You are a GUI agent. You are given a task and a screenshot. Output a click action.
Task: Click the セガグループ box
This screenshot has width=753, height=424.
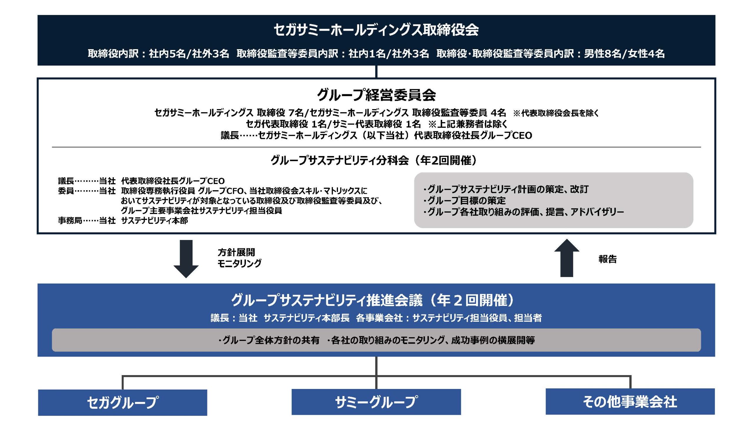[122, 403]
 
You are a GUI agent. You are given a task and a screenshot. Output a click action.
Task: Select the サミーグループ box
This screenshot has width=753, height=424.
[376, 402]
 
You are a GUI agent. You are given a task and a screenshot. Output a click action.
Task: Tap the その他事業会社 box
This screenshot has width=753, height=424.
[630, 402]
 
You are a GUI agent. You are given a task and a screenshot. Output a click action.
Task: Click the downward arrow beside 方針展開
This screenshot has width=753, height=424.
[186, 259]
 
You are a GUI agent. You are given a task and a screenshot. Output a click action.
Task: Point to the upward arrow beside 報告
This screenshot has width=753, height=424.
[567, 258]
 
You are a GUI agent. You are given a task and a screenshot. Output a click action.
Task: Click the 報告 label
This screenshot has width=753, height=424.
[608, 259]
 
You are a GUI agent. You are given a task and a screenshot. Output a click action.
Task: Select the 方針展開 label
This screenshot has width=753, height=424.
[236, 252]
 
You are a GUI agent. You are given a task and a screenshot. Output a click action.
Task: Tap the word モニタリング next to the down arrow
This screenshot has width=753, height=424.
[239, 263]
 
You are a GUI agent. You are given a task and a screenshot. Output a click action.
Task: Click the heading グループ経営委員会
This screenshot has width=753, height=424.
[376, 95]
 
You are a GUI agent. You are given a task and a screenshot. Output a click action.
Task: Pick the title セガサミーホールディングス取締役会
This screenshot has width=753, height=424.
[376, 30]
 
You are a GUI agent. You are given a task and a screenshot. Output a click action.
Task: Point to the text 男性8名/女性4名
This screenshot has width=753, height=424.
[624, 54]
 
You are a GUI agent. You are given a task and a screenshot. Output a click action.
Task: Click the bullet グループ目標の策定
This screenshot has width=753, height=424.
[464, 201]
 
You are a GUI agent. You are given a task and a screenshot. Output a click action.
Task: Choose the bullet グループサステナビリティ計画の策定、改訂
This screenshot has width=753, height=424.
[506, 189]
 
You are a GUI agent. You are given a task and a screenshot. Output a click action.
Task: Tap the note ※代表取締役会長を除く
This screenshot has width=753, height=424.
[556, 113]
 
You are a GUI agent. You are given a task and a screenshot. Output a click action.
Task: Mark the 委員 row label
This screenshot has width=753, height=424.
[66, 191]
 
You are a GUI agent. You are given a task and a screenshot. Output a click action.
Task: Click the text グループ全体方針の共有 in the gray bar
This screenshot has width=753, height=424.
[269, 340]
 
